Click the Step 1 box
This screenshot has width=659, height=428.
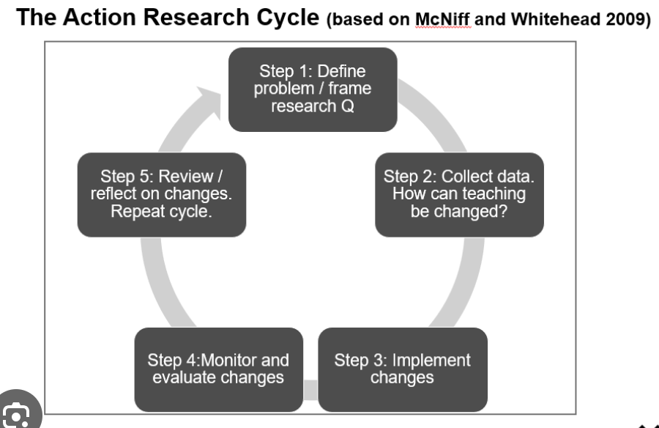313,89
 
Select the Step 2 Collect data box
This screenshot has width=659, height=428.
459,195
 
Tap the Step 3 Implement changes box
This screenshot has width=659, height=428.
403,369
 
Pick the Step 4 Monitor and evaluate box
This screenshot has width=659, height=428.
218,369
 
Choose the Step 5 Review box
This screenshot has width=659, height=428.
162,195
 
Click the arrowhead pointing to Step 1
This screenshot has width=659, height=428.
209,102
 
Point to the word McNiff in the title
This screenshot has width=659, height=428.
442,19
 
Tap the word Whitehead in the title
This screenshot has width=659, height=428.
555,19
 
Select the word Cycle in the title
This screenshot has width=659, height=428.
288,18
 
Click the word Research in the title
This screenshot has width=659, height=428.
196,18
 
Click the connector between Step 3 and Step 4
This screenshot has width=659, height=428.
310,390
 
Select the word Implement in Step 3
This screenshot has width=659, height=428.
431,361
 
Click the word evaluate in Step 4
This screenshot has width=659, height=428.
179,377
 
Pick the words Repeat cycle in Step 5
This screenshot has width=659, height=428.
161,211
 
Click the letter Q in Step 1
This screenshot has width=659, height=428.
348,106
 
